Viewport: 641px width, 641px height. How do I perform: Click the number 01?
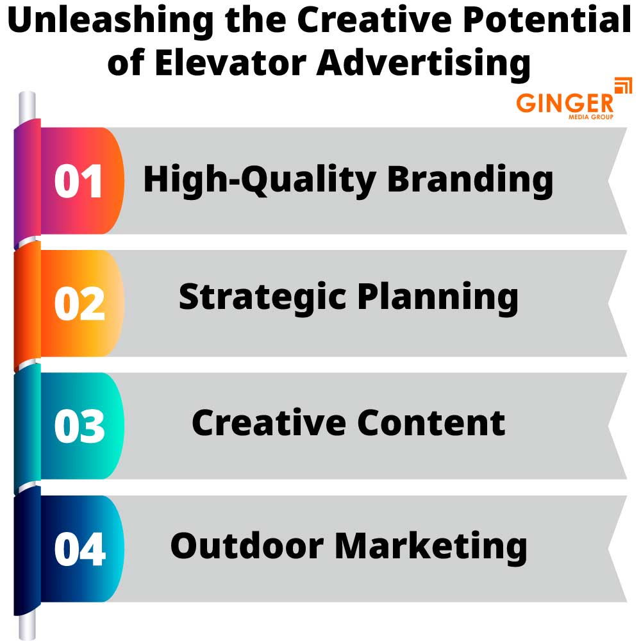(x=79, y=181)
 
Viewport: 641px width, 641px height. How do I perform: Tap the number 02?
(x=79, y=304)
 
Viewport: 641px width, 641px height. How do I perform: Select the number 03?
(x=79, y=428)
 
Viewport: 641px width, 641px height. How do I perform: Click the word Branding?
(x=470, y=179)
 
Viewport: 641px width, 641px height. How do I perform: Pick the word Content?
(x=431, y=422)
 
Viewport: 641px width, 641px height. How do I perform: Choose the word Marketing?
(x=431, y=547)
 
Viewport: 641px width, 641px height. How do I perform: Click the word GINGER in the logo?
(x=565, y=103)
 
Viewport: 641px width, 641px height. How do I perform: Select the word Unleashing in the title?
(x=110, y=22)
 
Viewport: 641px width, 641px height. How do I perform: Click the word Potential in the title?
(x=544, y=22)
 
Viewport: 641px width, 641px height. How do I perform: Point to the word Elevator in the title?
(x=226, y=63)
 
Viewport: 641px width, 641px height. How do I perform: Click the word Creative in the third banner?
(x=268, y=422)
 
